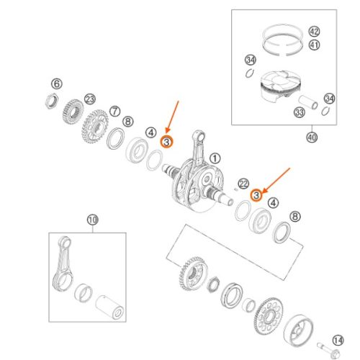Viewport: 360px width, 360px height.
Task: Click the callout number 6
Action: coord(57,84)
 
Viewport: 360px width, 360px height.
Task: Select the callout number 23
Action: coord(90,99)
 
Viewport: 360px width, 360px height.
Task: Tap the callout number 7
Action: coord(115,112)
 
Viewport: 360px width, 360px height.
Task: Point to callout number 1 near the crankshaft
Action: coord(215,158)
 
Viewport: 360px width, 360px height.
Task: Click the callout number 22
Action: coord(243,184)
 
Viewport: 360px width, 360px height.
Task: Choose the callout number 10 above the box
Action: coord(93,220)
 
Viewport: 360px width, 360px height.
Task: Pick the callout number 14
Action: coord(338,341)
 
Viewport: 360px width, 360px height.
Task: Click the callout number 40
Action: coord(312,138)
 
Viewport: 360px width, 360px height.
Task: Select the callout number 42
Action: coord(314,32)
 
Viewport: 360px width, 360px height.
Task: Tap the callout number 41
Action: coord(314,45)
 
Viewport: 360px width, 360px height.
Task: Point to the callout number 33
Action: coord(300,112)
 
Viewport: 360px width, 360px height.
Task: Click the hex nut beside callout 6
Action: coord(52,101)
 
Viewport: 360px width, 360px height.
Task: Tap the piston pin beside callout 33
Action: coord(308,102)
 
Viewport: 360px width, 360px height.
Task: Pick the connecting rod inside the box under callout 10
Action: coord(62,264)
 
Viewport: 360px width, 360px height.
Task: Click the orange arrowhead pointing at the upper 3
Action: coord(167,131)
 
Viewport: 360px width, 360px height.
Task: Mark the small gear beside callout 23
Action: coord(73,112)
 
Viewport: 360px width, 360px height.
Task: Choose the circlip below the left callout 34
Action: coord(250,73)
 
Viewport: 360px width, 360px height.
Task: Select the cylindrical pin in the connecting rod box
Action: coord(109,307)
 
